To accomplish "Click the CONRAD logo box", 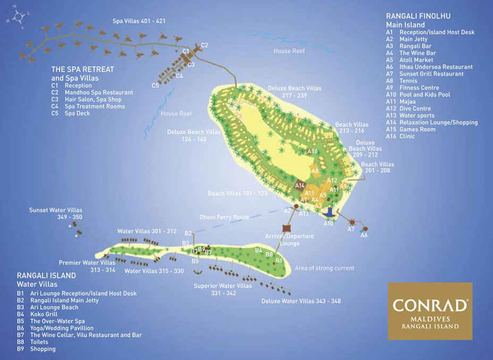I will click(x=430, y=311).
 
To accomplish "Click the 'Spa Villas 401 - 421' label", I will click(x=139, y=21).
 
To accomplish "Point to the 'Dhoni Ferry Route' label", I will click(x=224, y=217).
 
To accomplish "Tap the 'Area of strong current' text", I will click(x=324, y=268).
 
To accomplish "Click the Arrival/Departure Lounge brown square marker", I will click(x=285, y=228).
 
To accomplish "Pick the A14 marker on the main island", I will click(x=300, y=186).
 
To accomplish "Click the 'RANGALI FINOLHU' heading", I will click(x=418, y=16).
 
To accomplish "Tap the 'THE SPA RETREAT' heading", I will click(x=82, y=69).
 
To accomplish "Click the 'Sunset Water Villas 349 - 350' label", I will click(x=56, y=214).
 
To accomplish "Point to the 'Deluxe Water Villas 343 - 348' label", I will click(x=301, y=301).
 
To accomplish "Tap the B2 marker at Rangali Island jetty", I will click(x=188, y=233).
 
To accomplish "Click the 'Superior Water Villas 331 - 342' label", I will click(x=223, y=289).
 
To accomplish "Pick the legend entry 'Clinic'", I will click(x=408, y=136).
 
